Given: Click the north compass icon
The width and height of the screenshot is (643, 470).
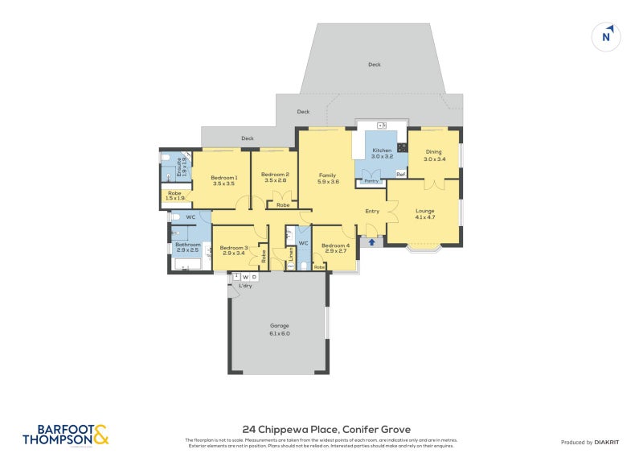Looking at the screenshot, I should (607, 36).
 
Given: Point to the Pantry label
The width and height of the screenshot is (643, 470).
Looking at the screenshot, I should (371, 181).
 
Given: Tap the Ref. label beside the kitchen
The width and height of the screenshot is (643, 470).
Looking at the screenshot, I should (399, 175).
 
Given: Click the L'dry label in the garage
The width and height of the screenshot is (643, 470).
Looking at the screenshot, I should (245, 286).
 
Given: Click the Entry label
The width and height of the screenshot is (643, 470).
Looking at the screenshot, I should (372, 212).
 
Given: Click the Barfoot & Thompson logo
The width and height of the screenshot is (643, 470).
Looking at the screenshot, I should (64, 435).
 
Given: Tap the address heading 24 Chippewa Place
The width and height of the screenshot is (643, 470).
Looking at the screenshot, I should (326, 430).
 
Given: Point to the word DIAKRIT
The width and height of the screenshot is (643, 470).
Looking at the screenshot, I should (610, 443).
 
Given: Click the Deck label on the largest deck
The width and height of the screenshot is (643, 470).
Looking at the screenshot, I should (374, 64).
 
